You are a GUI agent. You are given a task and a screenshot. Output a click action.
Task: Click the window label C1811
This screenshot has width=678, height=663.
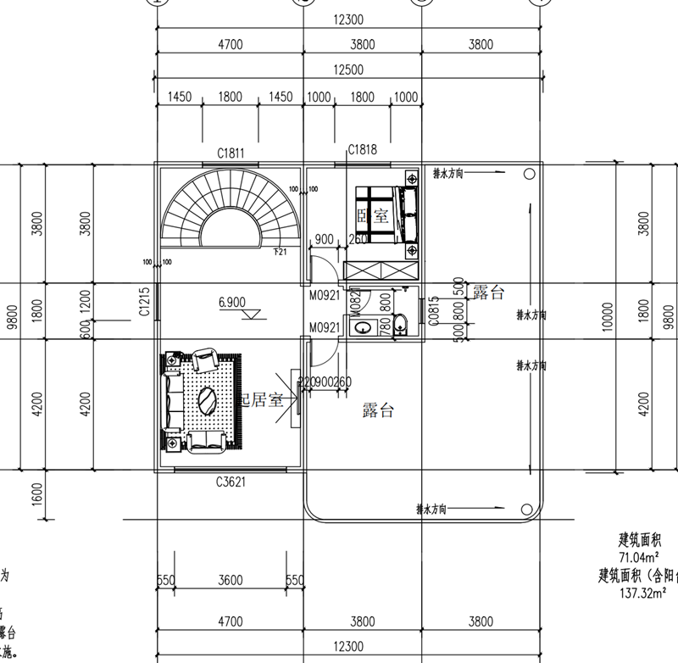point(231,153)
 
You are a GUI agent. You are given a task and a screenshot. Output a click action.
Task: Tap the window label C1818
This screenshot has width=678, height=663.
point(362,150)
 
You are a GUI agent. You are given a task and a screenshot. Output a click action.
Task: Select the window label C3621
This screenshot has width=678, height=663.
point(230,482)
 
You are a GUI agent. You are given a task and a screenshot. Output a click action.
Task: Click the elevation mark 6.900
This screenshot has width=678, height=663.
point(231,302)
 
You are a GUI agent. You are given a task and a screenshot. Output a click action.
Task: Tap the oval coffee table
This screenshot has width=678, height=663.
point(205,398)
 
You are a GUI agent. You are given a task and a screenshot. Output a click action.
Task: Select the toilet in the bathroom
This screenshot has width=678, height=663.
point(401,324)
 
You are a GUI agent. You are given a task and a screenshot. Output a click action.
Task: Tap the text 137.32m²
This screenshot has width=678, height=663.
point(644,593)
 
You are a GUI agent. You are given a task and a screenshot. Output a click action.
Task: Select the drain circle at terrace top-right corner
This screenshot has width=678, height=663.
point(528,173)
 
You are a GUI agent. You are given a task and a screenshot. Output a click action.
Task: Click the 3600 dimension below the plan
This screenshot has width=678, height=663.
point(231,581)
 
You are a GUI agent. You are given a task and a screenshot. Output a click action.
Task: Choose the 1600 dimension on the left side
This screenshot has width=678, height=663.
point(37,493)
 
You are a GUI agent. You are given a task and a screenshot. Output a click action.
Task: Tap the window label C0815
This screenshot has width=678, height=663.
point(433,310)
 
